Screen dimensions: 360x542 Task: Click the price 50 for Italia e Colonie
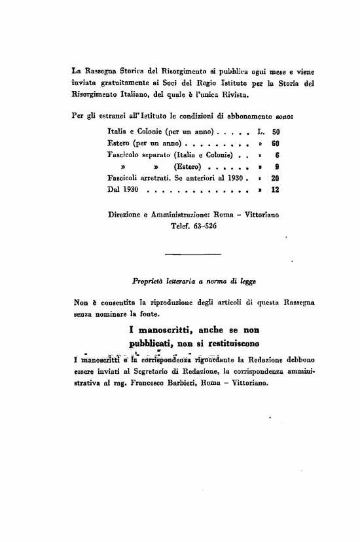pos(275,132)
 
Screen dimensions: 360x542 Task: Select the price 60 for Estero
pos(275,143)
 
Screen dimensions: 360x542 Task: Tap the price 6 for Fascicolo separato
pos(278,155)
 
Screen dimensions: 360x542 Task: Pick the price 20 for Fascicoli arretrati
pos(275,178)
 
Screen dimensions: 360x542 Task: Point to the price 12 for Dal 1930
pos(275,190)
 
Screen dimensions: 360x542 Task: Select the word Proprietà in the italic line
pos(149,281)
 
